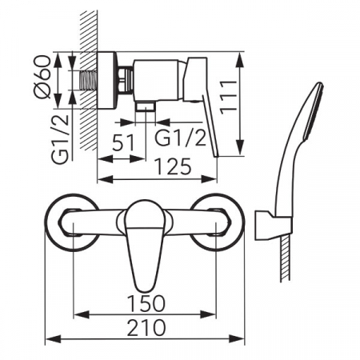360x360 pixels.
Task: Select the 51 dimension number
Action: pos(123,142)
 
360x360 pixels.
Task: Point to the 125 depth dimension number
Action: pos(173,166)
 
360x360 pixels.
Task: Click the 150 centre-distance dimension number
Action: pos(146,303)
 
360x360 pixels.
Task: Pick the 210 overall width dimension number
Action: pos(146,327)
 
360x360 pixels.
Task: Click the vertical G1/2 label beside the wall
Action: pos(60,139)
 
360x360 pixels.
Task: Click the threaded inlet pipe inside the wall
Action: pos(88,80)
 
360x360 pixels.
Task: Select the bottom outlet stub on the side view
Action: pos(145,106)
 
